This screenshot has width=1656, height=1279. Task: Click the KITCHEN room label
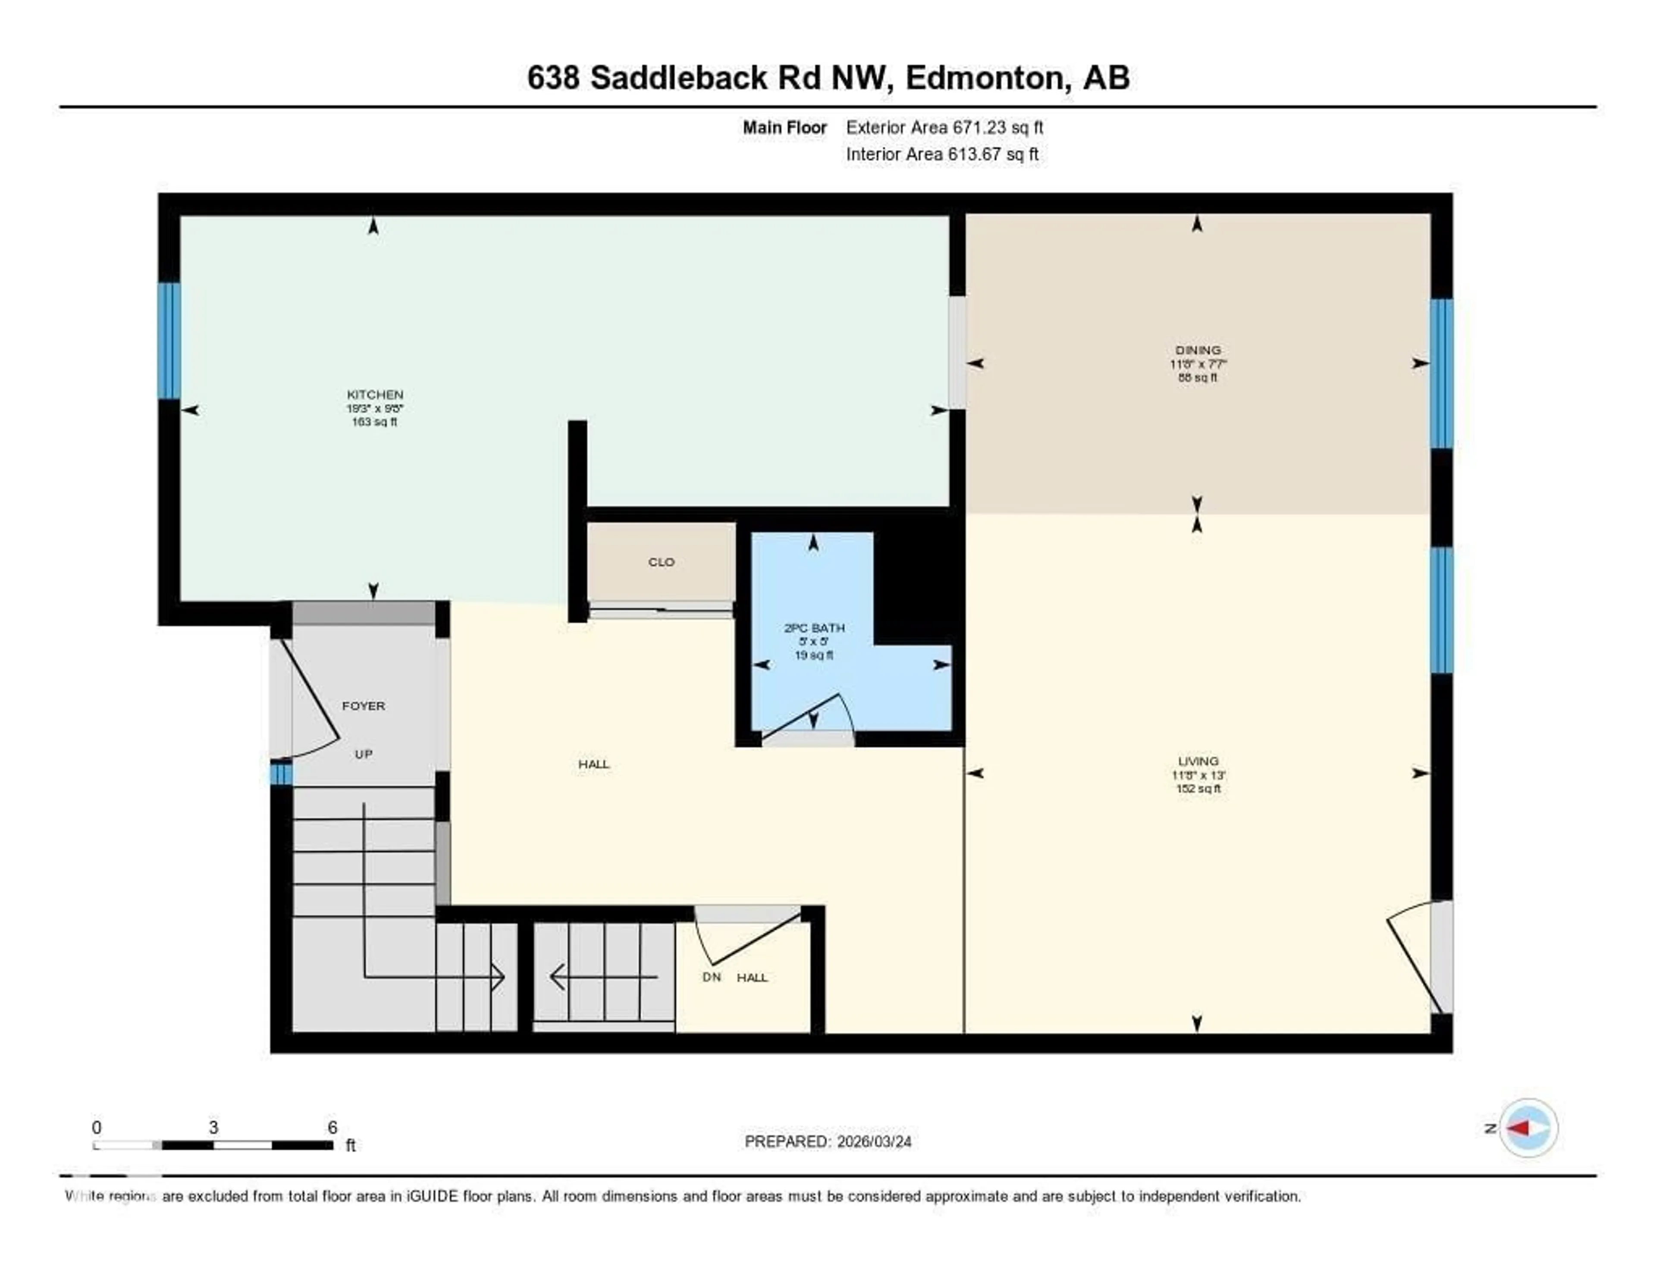pos(375,394)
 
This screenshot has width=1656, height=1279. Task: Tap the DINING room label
pos(1198,350)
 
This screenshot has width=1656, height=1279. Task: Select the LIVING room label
pos(1198,760)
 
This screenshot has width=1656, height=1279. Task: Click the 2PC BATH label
pos(814,628)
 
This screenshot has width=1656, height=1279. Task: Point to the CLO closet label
pos(661,562)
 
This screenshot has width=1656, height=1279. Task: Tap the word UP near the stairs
pos(363,754)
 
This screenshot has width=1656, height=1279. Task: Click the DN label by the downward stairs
pos(711,977)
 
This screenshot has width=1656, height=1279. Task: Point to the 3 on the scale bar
pos(214,1127)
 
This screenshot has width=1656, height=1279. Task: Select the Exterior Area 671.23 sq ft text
pos(944,127)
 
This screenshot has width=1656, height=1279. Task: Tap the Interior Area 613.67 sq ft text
pos(942,154)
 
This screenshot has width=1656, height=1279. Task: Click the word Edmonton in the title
pos(983,78)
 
